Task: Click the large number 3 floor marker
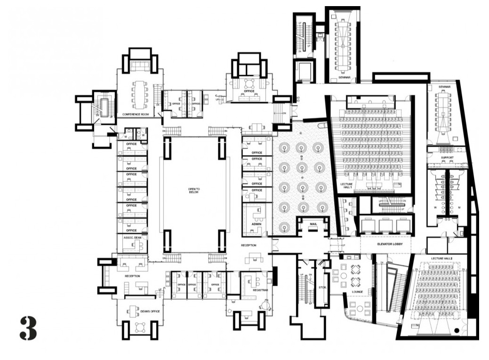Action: click(28, 328)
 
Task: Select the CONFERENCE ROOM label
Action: click(136, 114)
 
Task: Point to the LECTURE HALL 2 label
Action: click(441, 258)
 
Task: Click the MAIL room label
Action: click(313, 224)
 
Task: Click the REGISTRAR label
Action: click(260, 290)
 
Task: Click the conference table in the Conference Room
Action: click(140, 94)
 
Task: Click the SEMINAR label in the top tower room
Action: click(344, 77)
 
